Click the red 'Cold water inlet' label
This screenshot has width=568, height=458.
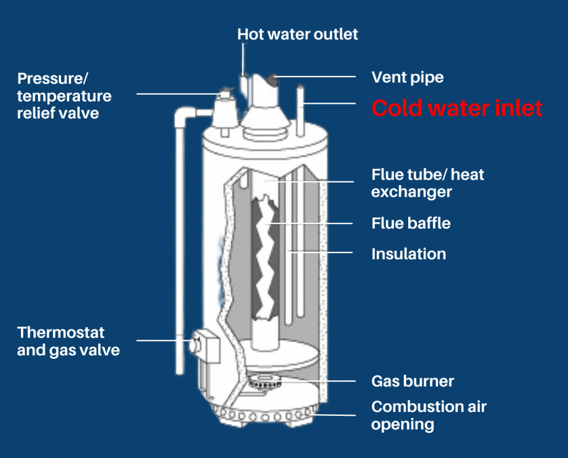click(457, 108)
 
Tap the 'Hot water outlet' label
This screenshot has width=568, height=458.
click(298, 34)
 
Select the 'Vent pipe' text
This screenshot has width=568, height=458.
click(408, 77)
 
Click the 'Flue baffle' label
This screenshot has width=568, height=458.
click(410, 223)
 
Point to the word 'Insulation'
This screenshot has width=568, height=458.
click(408, 254)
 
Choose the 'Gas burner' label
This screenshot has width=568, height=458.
click(412, 381)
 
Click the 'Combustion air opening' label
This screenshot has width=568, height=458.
click(429, 415)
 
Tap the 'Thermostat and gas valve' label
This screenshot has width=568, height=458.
click(68, 341)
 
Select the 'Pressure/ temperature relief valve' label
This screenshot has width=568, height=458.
click(64, 95)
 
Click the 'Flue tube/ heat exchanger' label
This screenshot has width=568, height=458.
click(427, 183)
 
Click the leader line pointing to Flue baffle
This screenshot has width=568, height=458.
click(316, 223)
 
